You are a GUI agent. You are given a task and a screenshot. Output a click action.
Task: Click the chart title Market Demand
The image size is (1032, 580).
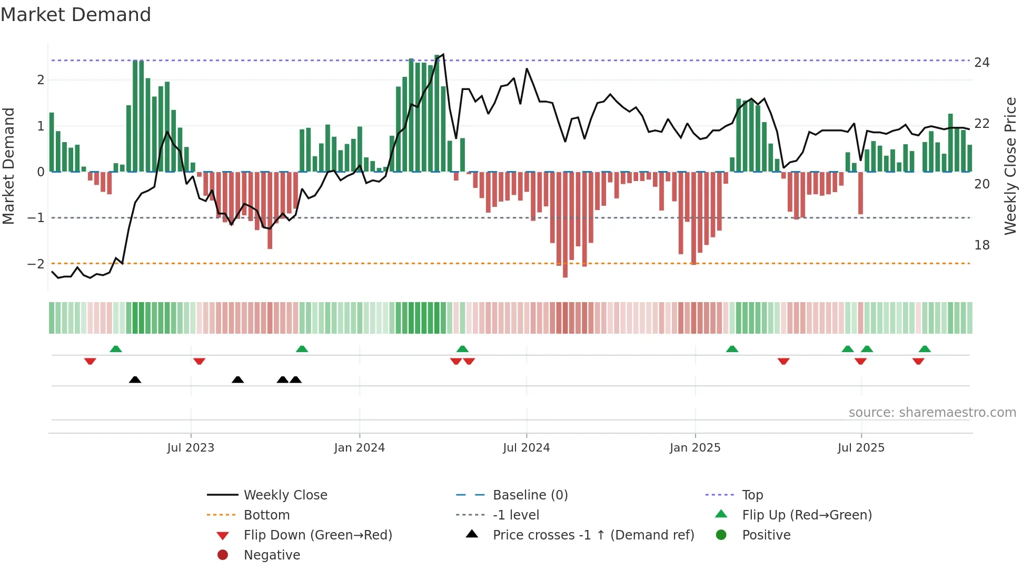click(76, 15)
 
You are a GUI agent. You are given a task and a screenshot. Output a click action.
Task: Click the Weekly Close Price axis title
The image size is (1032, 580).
click(1010, 166)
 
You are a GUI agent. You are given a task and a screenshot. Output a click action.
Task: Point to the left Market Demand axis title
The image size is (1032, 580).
click(8, 166)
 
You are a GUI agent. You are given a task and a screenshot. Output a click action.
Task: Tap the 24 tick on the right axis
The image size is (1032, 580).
click(982, 63)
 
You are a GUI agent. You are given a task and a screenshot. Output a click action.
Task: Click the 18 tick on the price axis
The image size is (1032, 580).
click(982, 245)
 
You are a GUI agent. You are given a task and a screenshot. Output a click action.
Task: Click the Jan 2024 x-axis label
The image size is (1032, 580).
click(359, 448)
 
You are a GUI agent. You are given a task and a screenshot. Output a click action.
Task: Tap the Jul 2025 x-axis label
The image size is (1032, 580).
click(861, 448)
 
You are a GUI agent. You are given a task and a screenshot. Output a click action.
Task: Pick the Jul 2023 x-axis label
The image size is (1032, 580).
click(191, 448)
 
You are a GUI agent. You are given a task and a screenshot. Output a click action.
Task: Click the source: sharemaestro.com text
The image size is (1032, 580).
click(932, 413)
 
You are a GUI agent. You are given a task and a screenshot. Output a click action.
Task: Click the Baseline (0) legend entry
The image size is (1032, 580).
click(530, 495)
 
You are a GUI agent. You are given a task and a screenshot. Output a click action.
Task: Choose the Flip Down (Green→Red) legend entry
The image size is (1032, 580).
click(317, 535)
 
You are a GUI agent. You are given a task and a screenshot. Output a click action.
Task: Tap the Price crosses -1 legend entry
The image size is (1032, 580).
click(593, 535)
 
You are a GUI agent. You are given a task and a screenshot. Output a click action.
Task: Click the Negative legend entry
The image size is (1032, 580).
click(272, 555)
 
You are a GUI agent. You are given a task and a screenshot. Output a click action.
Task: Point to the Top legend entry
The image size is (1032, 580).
click(752, 495)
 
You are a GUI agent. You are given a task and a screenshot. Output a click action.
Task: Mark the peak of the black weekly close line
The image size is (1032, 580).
click(443, 54)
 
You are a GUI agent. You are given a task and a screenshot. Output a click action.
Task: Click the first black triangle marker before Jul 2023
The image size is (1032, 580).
click(135, 379)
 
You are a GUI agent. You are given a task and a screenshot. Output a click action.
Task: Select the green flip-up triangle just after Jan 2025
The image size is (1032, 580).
click(732, 349)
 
